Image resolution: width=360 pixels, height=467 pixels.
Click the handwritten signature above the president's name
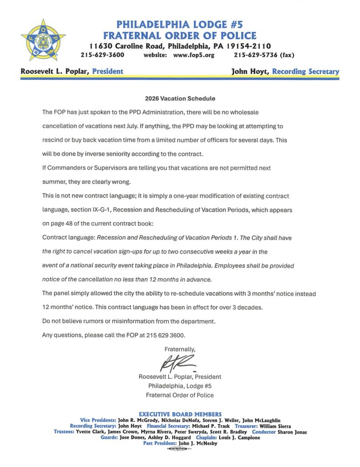(x=178, y=363)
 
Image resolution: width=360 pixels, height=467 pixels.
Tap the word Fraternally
(x=180, y=349)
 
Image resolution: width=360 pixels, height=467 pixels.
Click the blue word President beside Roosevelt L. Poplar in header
(x=108, y=72)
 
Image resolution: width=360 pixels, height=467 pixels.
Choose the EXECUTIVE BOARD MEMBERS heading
(x=180, y=414)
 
